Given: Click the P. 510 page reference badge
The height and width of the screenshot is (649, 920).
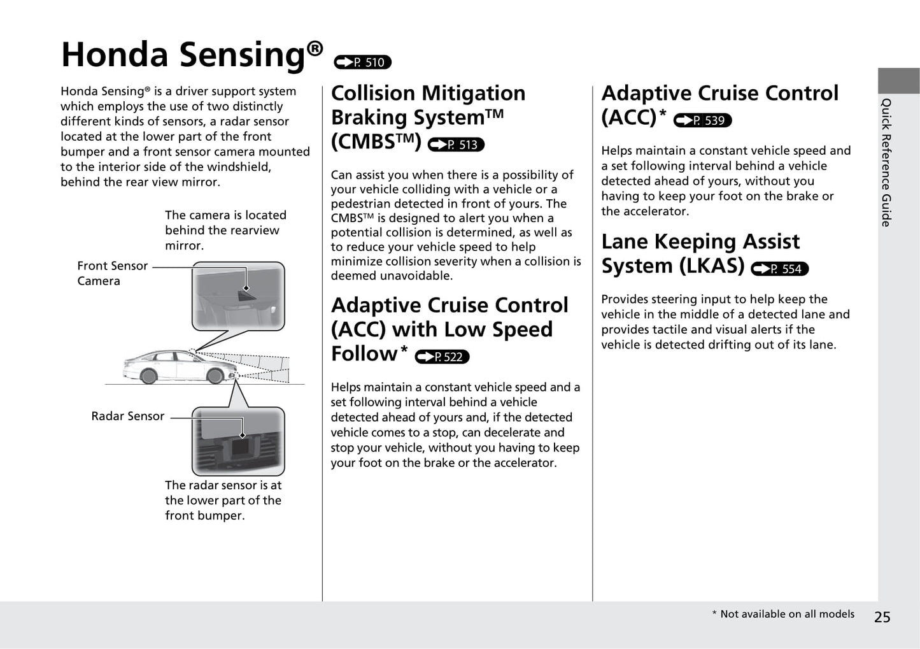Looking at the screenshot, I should (362, 62).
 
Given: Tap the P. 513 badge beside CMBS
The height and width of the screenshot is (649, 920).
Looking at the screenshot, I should (456, 145).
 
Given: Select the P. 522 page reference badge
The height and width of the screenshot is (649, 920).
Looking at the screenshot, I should (442, 357).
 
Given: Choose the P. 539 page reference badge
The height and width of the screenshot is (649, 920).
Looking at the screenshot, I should (702, 120).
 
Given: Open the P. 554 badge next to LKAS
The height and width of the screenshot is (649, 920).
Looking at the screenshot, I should (779, 269).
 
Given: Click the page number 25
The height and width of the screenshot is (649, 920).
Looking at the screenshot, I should (882, 617).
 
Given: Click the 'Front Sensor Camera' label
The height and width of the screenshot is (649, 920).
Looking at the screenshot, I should (112, 273).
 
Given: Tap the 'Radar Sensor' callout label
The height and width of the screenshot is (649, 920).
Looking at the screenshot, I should (127, 416).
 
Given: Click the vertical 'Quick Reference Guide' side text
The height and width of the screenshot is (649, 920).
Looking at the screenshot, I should (886, 162).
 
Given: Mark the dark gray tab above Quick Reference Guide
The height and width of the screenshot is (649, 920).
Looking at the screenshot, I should (898, 81).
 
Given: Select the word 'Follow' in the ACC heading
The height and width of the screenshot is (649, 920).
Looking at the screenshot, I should (364, 353).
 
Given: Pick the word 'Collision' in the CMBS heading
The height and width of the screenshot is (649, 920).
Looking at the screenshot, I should (376, 94).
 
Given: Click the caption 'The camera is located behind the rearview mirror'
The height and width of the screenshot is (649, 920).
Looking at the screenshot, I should (225, 231).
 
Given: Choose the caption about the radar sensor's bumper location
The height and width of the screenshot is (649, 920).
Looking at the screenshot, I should (223, 500).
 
